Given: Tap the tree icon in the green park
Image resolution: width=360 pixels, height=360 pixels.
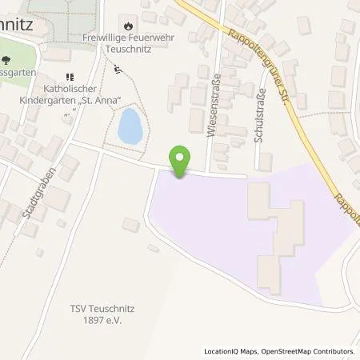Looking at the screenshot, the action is (x=7, y=61).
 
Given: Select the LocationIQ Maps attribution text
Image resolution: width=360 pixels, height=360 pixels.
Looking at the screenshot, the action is (x=233, y=351).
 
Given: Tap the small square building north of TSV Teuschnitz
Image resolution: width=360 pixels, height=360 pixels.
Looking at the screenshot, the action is (x=131, y=226).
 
